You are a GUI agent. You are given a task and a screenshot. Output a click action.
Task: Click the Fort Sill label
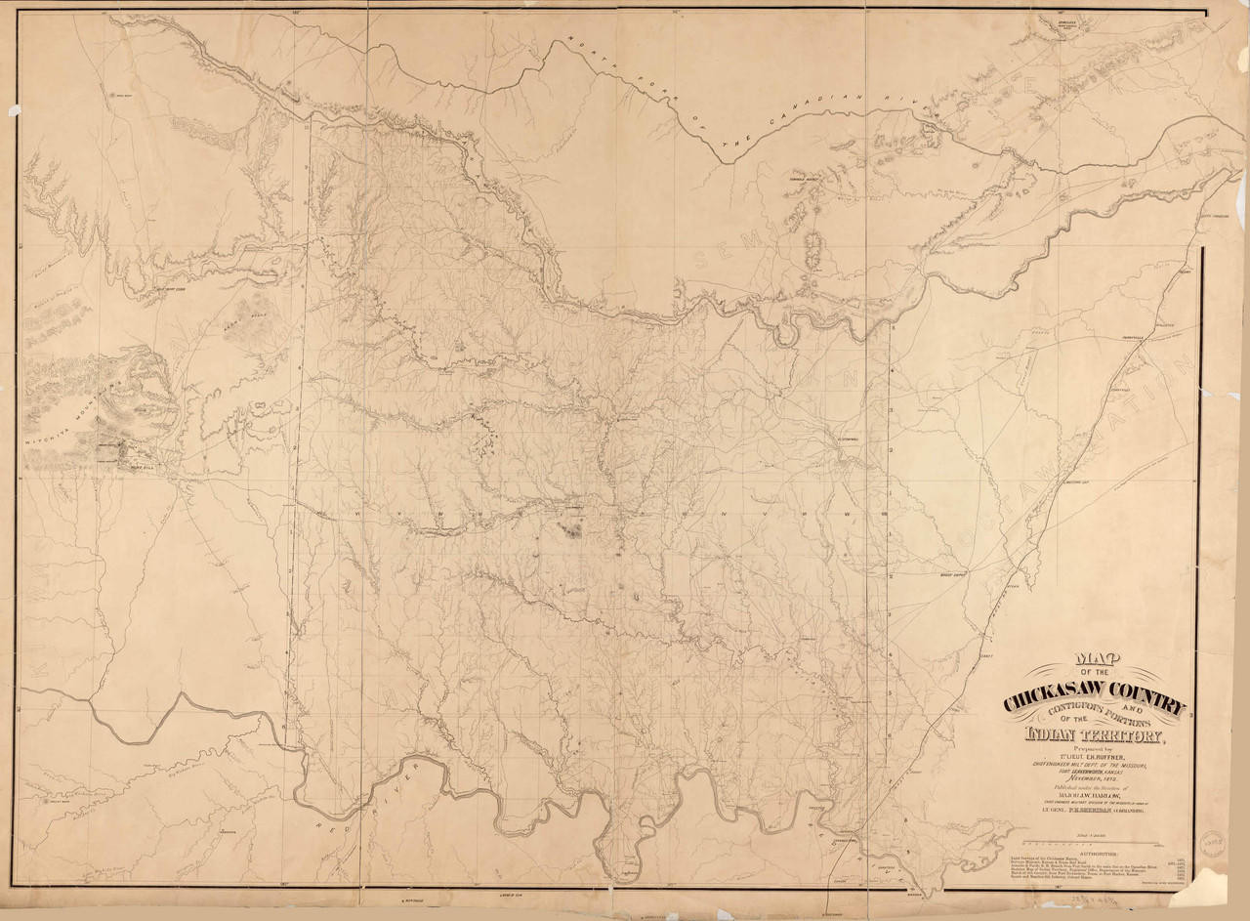tap(133, 466)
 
